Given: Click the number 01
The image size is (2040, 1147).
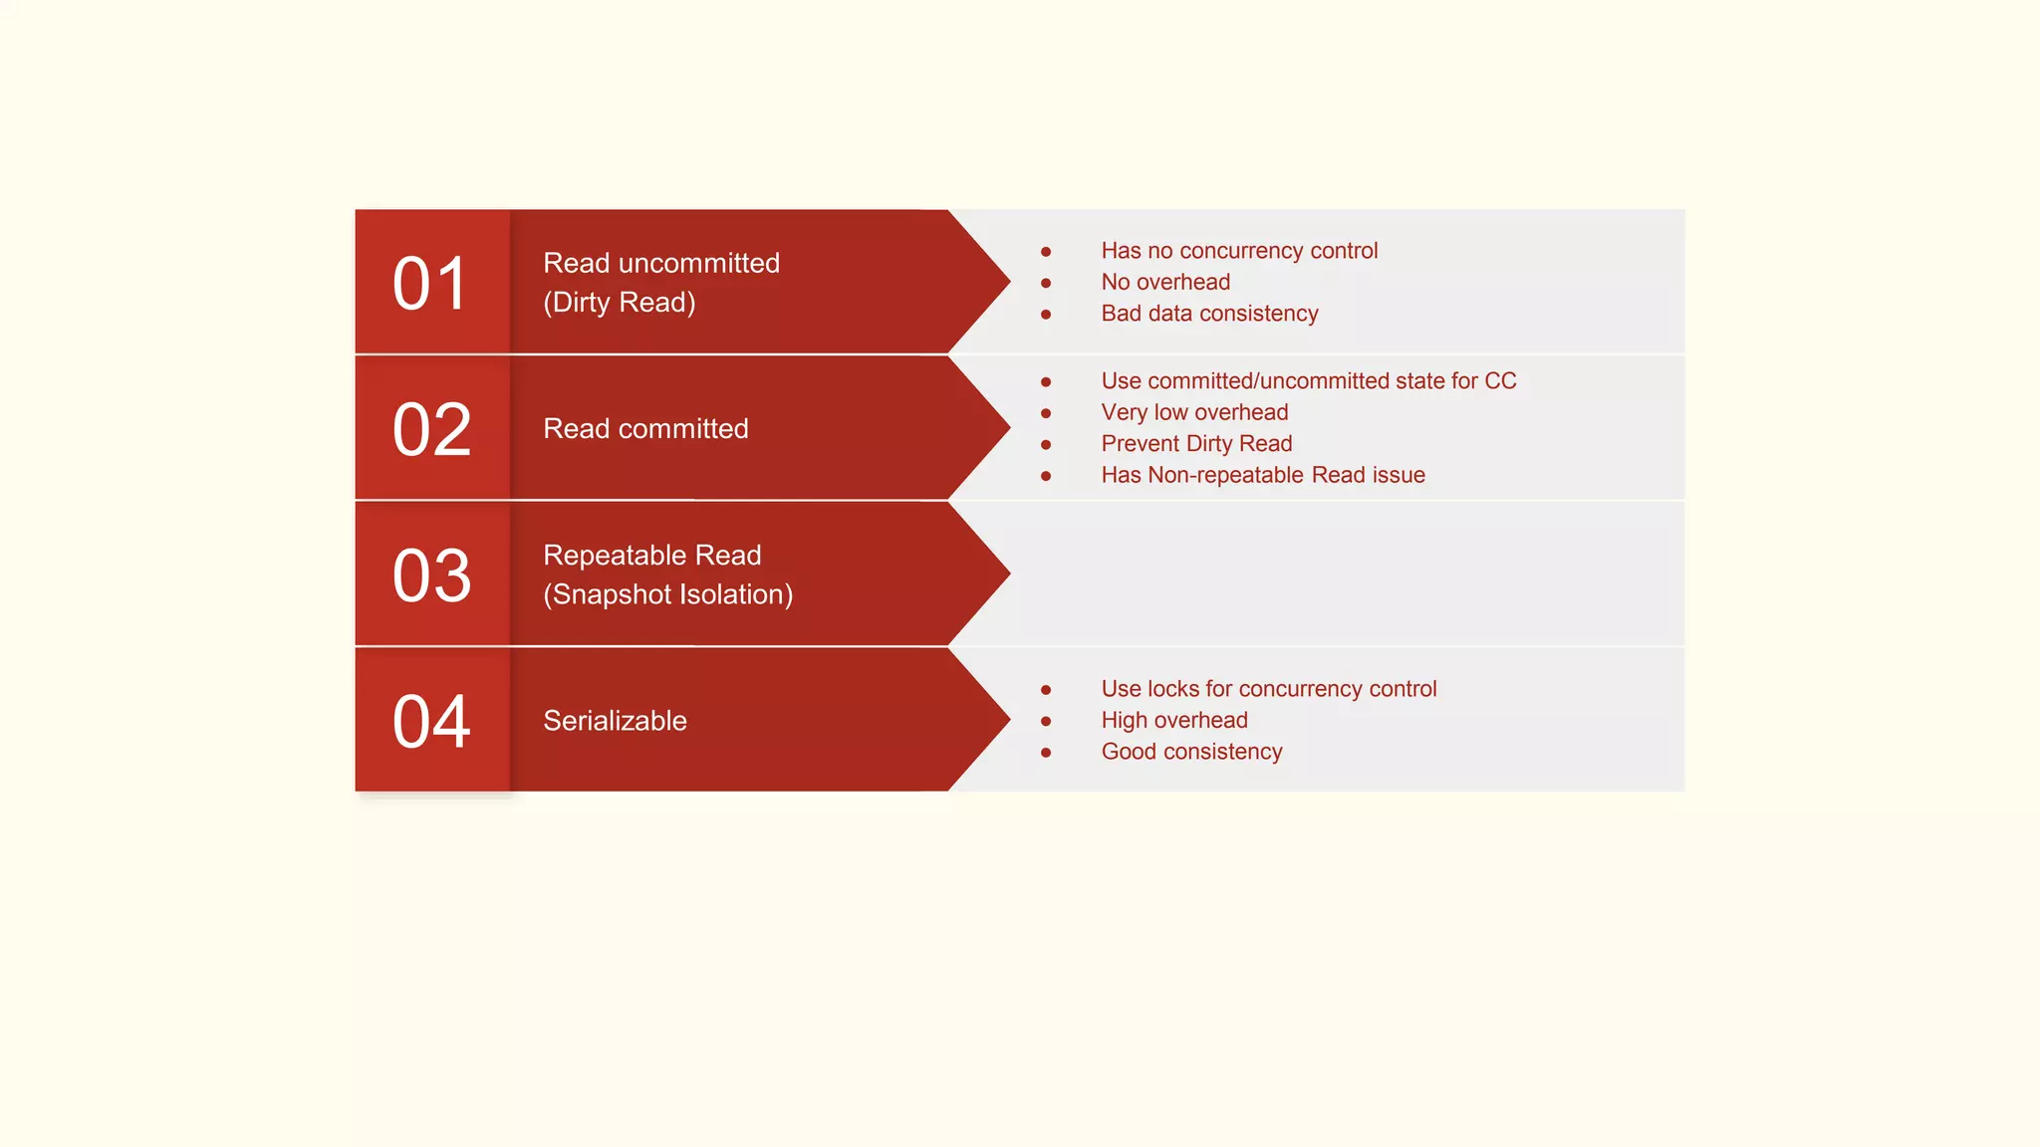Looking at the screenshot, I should click(x=430, y=284).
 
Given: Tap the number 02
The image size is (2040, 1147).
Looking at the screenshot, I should click(x=431, y=430).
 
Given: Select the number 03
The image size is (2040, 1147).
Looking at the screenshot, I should click(x=431, y=575).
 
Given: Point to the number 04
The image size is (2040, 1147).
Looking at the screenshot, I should click(x=431, y=722).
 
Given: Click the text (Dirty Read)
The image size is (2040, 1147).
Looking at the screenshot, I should click(x=619, y=303).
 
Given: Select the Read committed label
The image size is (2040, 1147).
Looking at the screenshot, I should click(x=645, y=429).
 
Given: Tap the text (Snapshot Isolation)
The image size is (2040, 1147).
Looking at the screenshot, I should click(x=667, y=594).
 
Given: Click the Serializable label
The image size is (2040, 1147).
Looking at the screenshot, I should click(x=615, y=721).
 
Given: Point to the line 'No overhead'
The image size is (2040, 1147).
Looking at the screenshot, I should click(x=1165, y=282).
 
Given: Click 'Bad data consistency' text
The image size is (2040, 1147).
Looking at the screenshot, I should click(x=1209, y=314).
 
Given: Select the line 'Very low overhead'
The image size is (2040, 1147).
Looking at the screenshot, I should click(x=1194, y=412).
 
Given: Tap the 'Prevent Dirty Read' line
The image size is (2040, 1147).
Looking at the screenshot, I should click(x=1196, y=444).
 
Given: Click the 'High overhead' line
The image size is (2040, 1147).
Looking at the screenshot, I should click(x=1174, y=720).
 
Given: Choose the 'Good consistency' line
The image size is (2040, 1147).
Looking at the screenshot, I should click(x=1191, y=752).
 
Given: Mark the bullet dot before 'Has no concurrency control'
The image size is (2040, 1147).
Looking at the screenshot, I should click(x=1046, y=252).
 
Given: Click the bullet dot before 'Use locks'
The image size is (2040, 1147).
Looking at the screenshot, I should click(x=1046, y=690).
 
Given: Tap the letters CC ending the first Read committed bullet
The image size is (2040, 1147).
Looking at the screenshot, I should click(x=1500, y=381).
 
